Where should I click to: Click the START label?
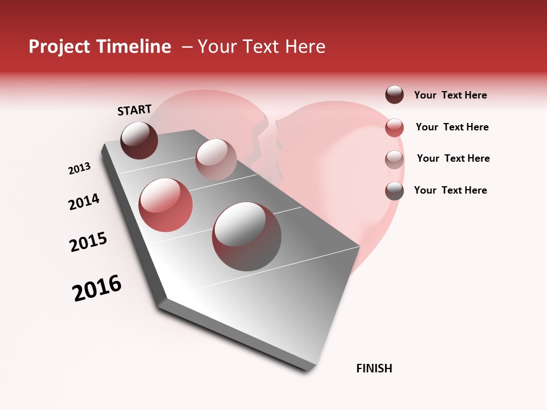click(x=134, y=110)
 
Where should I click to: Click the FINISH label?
click(x=374, y=368)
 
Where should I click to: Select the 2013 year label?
click(x=80, y=169)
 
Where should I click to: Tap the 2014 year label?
click(x=84, y=202)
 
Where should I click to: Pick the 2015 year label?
click(x=88, y=242)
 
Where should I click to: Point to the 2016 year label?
click(x=97, y=288)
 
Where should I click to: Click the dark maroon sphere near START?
click(x=140, y=140)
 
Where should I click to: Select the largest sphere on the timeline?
click(x=247, y=236)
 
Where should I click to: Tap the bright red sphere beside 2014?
click(x=166, y=204)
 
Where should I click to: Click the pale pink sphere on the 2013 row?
click(x=216, y=159)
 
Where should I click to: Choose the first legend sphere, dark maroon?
click(x=394, y=95)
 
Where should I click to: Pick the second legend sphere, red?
click(x=394, y=128)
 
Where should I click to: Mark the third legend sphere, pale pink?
click(x=394, y=159)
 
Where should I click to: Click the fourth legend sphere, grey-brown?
click(x=394, y=191)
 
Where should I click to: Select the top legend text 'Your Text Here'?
click(x=450, y=96)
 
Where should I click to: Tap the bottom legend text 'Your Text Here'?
click(x=450, y=190)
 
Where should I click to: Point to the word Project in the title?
click(x=60, y=47)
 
